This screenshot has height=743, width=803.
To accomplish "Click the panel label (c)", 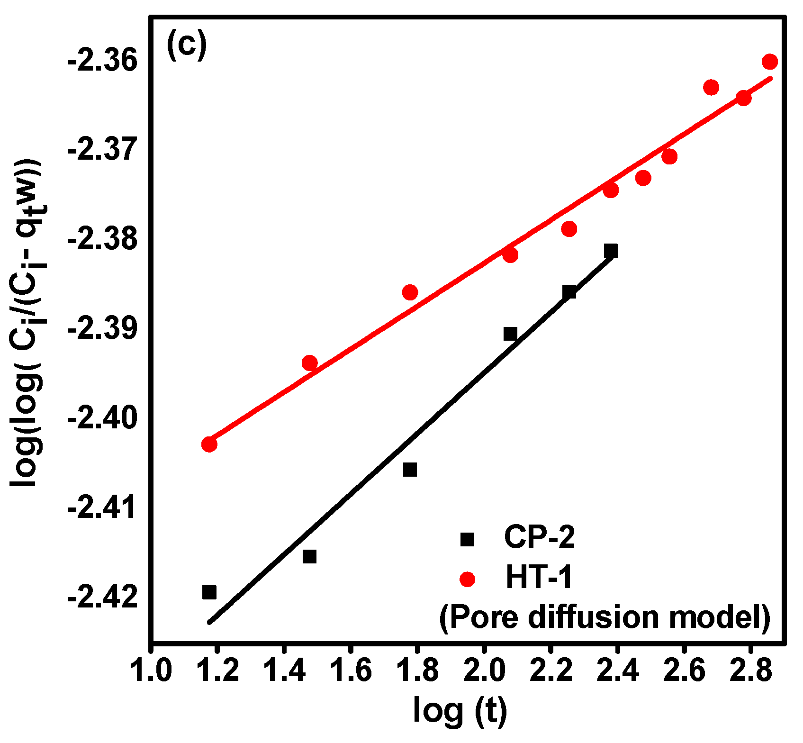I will click(x=187, y=44).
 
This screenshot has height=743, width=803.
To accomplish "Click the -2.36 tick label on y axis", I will click(x=102, y=62).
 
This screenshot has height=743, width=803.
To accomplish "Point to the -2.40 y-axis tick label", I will click(x=102, y=419).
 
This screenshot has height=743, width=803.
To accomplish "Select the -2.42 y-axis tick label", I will click(x=102, y=598).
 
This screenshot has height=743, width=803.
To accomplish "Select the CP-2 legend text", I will click(x=539, y=538).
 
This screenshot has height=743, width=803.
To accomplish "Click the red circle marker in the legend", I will click(x=468, y=579).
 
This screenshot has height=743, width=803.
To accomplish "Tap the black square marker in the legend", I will click(x=468, y=539).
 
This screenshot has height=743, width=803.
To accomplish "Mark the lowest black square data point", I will click(x=209, y=592).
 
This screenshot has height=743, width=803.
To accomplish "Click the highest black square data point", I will click(x=611, y=251).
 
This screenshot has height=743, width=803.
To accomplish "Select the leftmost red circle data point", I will click(x=209, y=444).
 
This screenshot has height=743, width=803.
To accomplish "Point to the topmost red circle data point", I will click(x=770, y=62).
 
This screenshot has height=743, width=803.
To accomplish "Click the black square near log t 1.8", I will click(x=410, y=470).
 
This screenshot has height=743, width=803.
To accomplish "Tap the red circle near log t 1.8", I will click(x=410, y=292).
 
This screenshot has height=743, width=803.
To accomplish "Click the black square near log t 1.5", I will click(x=309, y=556).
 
